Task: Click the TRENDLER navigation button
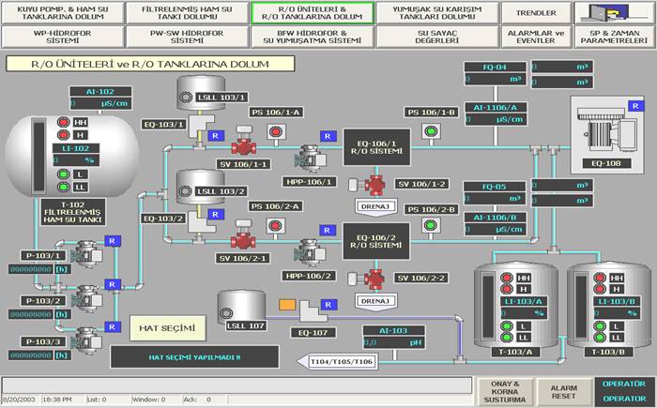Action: coord(539,13)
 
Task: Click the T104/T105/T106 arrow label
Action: coord(343,361)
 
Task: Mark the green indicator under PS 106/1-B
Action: coord(431,130)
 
